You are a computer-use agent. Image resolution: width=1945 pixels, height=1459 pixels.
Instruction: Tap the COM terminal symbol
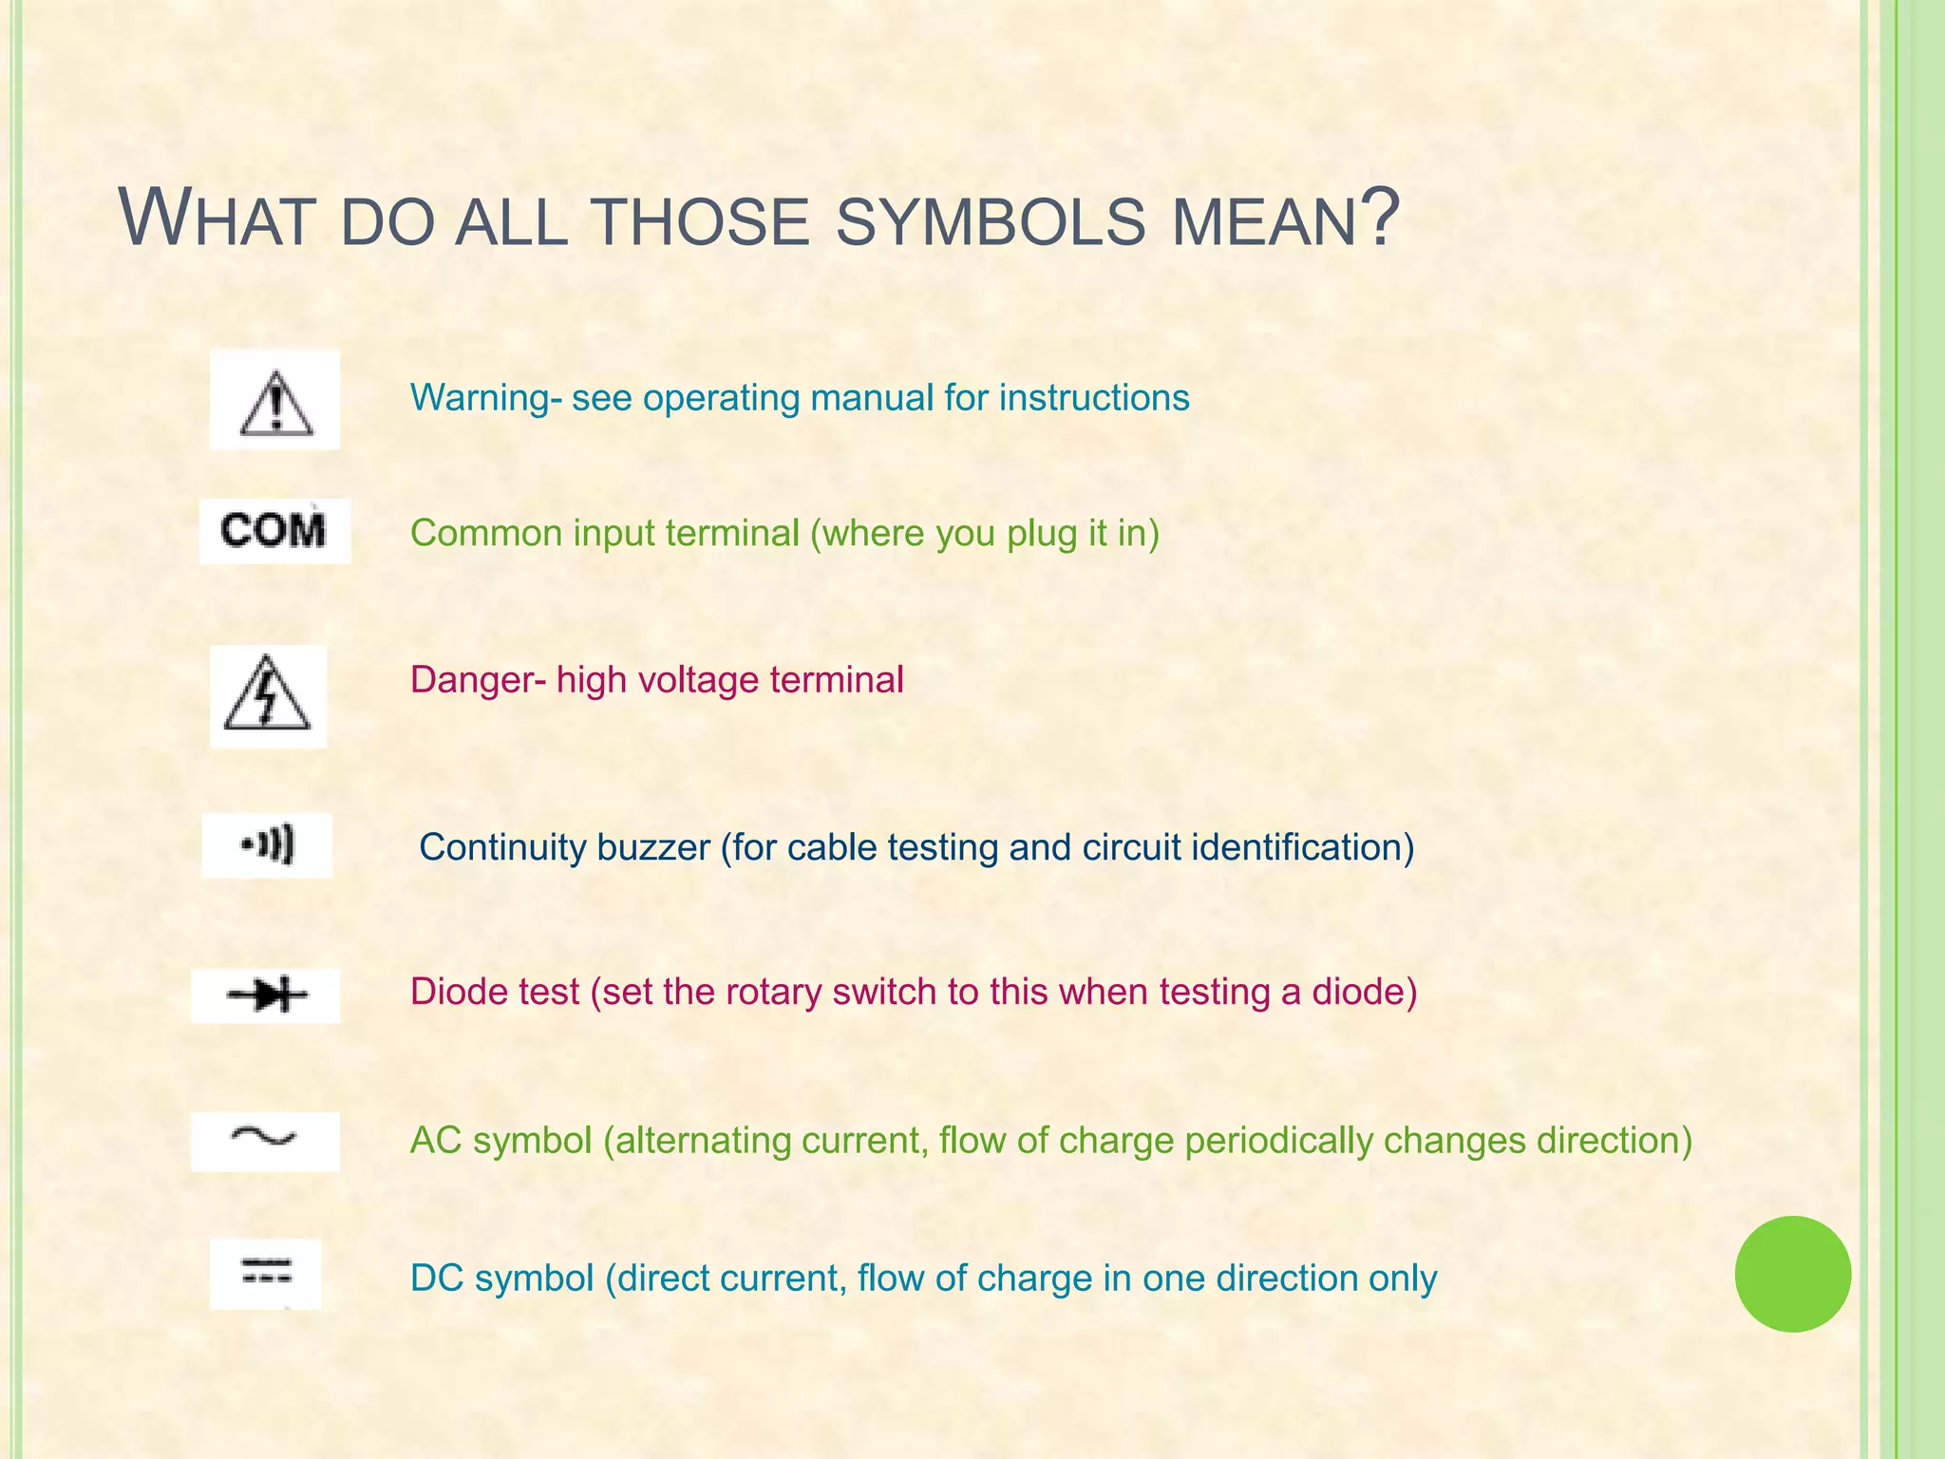pyautogui.click(x=274, y=530)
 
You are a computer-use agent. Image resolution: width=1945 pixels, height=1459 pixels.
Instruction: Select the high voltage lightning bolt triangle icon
pyautogui.click(x=267, y=695)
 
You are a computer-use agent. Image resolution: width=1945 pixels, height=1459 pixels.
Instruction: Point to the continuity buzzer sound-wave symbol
pyautogui.click(x=268, y=844)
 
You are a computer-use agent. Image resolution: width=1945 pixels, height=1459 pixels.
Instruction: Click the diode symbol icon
pyautogui.click(x=267, y=995)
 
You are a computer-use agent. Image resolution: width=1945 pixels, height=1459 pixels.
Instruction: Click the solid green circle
pyautogui.click(x=1792, y=1274)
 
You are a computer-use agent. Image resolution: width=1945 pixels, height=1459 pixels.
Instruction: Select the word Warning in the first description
pyautogui.click(x=480, y=398)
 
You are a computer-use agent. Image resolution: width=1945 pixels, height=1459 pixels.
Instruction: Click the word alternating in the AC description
pyautogui.click(x=703, y=1141)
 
